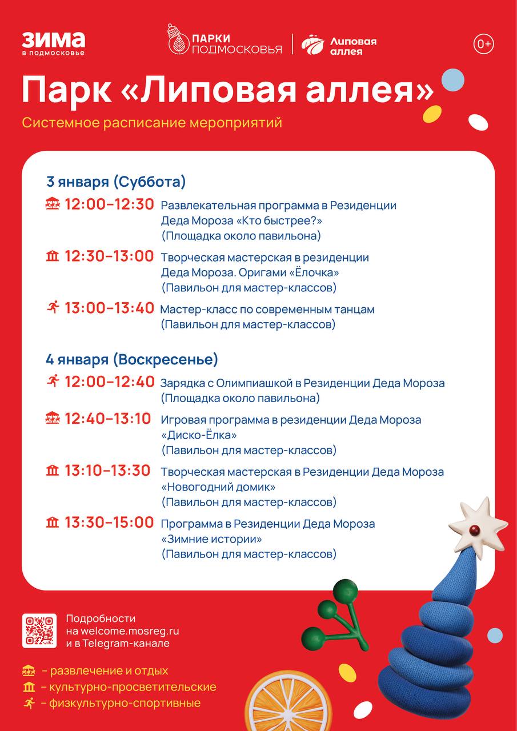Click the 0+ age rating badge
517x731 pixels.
[x=483, y=44]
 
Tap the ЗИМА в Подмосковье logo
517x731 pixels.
[x=53, y=43]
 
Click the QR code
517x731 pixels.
[x=39, y=630]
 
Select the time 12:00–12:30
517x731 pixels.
[x=109, y=204]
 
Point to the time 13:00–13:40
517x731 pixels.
[x=109, y=308]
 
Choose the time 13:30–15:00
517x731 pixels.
[x=109, y=523]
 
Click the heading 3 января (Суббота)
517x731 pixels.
[x=116, y=182]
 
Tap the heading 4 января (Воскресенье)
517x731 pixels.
[x=132, y=360]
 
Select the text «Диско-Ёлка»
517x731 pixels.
[x=199, y=435]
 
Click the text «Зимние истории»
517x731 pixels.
[x=211, y=539]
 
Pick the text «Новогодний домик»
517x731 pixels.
[x=218, y=487]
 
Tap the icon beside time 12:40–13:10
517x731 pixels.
[x=53, y=419]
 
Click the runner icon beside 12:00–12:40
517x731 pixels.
[x=53, y=381]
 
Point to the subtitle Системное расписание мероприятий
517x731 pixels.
[x=152, y=123]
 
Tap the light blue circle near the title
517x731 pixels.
[x=452, y=79]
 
